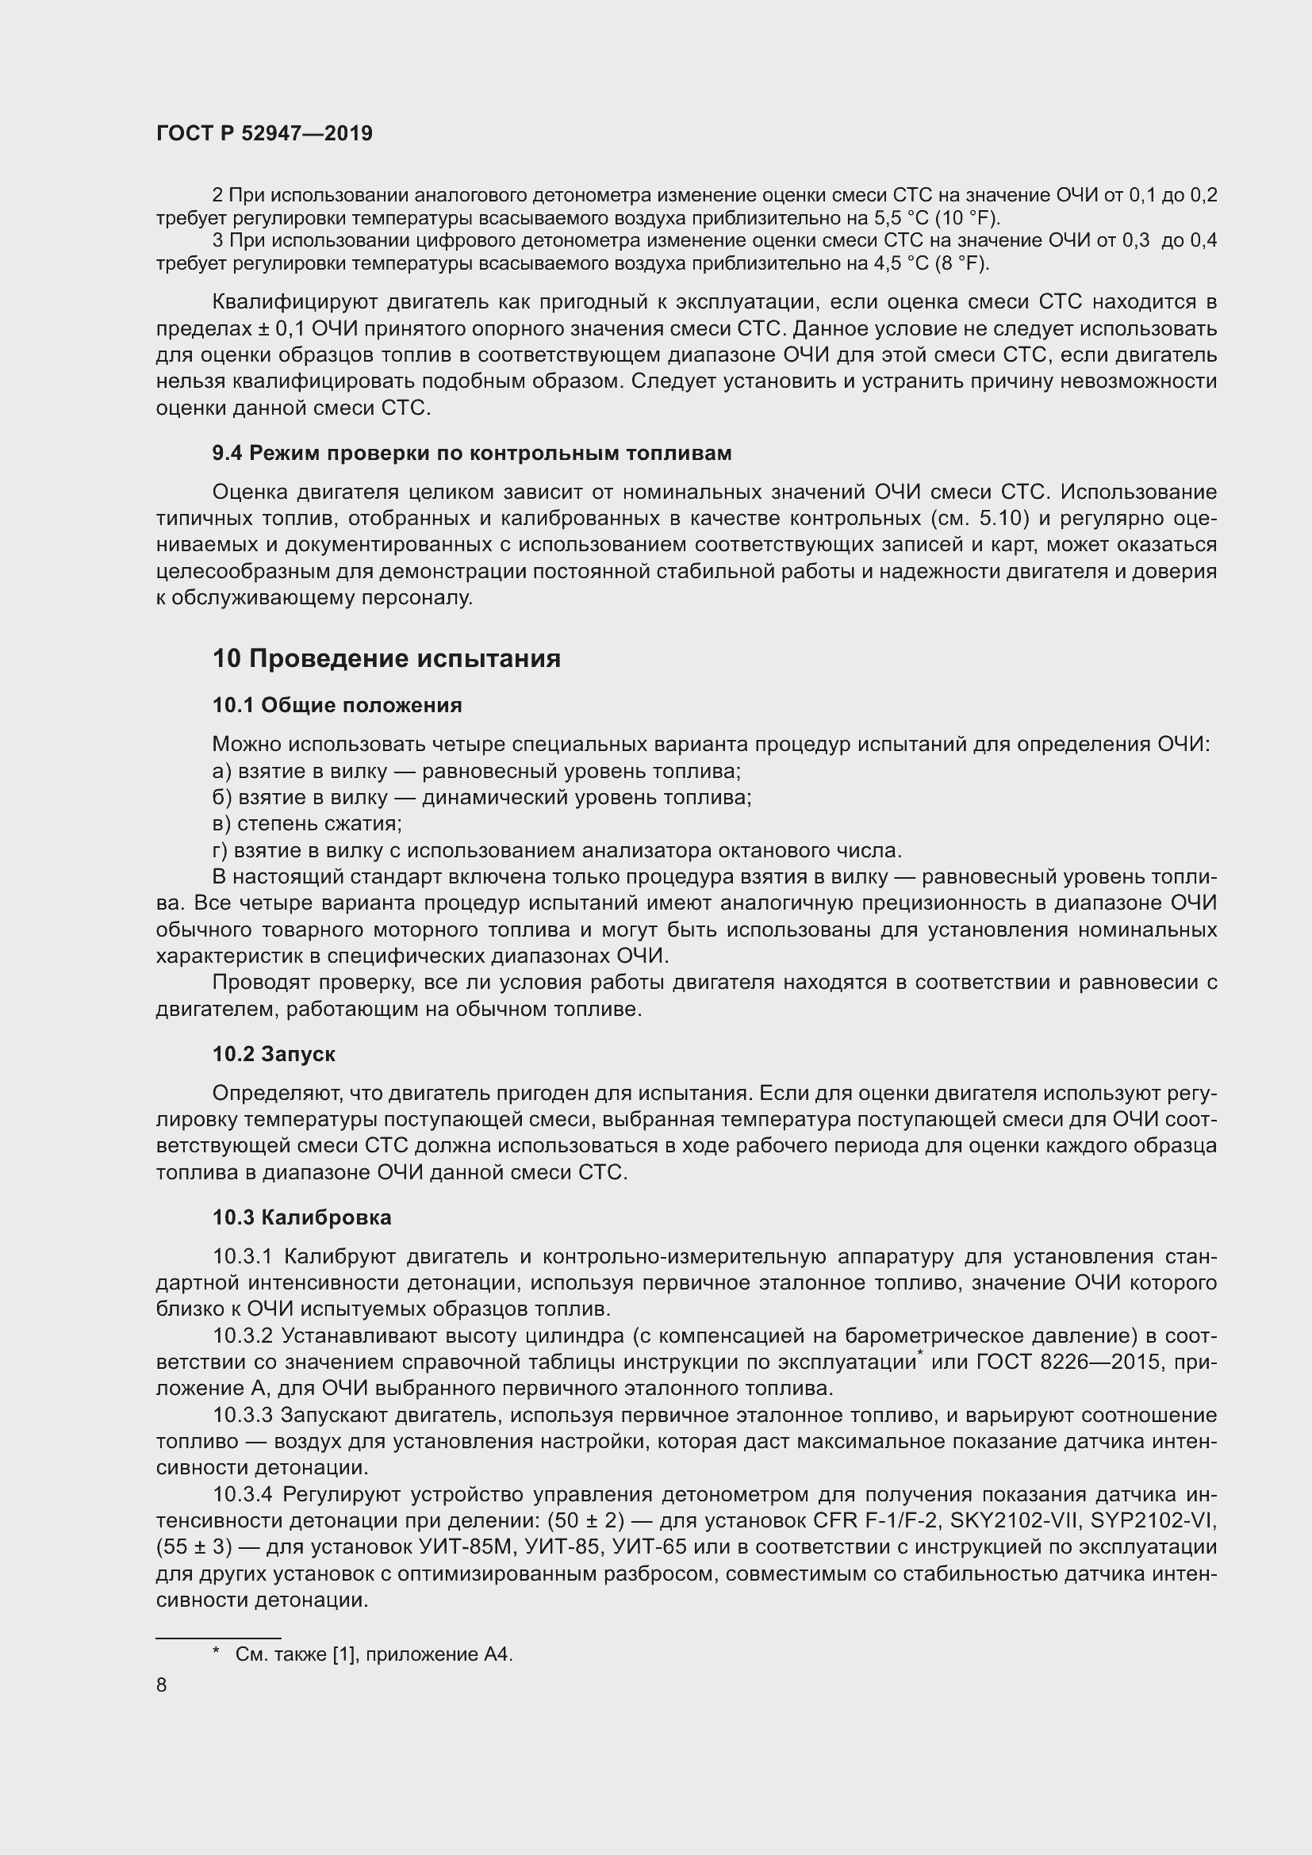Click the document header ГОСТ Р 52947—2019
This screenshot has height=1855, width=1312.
coord(264,134)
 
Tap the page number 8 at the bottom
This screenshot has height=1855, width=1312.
coord(162,1684)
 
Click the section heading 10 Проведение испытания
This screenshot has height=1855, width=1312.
coord(386,658)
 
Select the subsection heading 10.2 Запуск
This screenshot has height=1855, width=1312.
coord(274,1053)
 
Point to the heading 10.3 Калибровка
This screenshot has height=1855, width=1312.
coord(302,1217)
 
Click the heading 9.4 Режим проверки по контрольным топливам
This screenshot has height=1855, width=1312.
coord(472,454)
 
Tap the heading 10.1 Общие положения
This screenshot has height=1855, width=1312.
coord(337,705)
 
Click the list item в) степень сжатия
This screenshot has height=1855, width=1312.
coord(307,824)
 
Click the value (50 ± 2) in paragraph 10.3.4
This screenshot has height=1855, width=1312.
coord(585,1520)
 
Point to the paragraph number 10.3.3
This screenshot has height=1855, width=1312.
coord(246,1416)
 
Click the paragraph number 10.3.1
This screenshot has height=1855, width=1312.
coord(246,1256)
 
